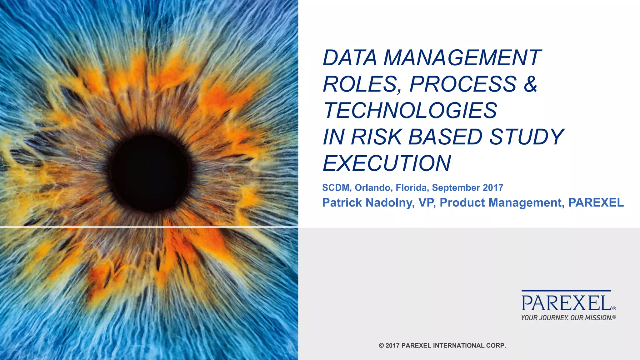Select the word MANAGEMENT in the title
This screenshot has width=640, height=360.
(462, 58)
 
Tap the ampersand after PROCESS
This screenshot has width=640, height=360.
(531, 84)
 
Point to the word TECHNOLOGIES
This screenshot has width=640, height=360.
(410, 110)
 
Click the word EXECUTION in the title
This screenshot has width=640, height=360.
(387, 163)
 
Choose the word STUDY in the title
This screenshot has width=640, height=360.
(526, 137)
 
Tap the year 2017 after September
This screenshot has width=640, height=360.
(493, 187)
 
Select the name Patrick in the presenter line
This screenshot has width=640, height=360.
(342, 202)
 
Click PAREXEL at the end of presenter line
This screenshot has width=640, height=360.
(596, 202)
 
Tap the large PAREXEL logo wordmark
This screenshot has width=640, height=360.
(567, 303)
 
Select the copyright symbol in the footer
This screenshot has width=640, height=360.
(381, 346)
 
